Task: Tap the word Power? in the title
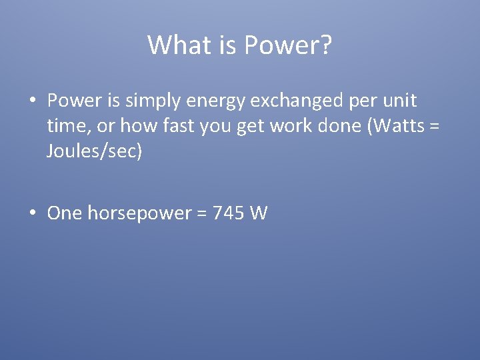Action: click(289, 45)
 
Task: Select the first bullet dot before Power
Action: click(32, 101)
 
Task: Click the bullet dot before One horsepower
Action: click(32, 213)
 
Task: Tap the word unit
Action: click(400, 101)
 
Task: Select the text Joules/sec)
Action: click(95, 151)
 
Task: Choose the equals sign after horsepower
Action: click(201, 214)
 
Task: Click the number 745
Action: click(227, 213)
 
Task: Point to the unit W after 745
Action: click(259, 213)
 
